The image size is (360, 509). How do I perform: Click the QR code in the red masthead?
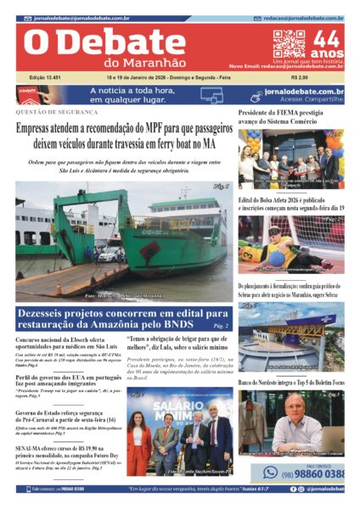[x=288, y=44]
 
